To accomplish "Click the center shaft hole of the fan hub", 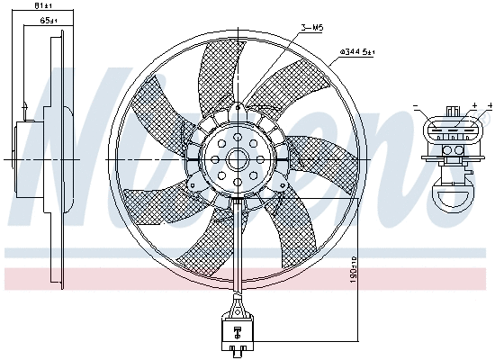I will [x=238, y=160].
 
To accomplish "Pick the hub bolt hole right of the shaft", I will [x=261, y=160].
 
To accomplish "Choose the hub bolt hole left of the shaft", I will [x=216, y=160].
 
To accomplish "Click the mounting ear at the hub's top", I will [x=236, y=112].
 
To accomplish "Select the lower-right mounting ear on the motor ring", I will [x=277, y=184].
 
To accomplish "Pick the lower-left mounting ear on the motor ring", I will [x=196, y=184].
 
